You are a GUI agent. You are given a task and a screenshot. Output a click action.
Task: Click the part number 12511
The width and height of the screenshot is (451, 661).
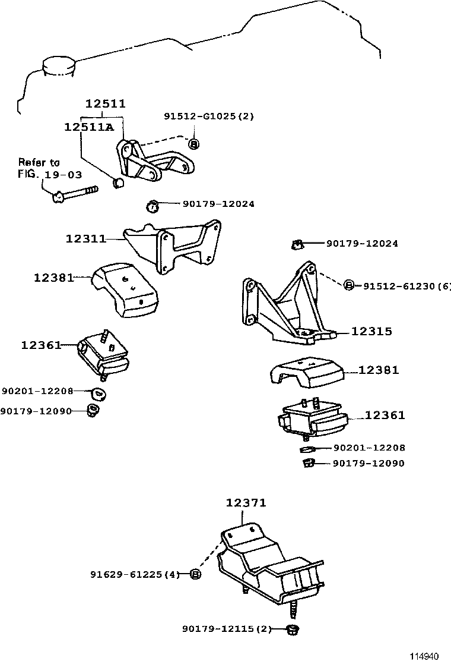(x=105, y=103)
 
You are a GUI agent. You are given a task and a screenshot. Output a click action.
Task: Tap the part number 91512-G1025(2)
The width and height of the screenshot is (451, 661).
(x=208, y=117)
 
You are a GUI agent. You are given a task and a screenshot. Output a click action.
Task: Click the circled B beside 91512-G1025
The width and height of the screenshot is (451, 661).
(x=193, y=143)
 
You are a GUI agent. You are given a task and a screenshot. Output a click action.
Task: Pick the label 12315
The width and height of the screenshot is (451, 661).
(x=371, y=332)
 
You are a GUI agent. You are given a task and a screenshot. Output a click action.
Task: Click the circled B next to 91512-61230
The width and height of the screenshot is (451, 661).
(x=350, y=286)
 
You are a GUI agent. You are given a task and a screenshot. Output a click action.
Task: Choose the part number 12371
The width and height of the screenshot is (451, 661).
(x=246, y=503)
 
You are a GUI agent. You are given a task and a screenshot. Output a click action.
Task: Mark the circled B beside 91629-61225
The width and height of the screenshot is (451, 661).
(x=196, y=574)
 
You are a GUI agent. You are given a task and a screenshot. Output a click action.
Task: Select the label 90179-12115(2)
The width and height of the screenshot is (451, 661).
(x=227, y=628)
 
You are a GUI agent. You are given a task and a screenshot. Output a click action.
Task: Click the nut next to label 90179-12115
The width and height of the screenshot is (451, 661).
(x=292, y=628)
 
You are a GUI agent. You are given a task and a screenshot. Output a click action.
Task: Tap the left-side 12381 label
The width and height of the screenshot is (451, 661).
(x=53, y=277)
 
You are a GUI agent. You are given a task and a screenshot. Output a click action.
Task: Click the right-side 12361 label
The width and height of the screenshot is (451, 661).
(x=385, y=416)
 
